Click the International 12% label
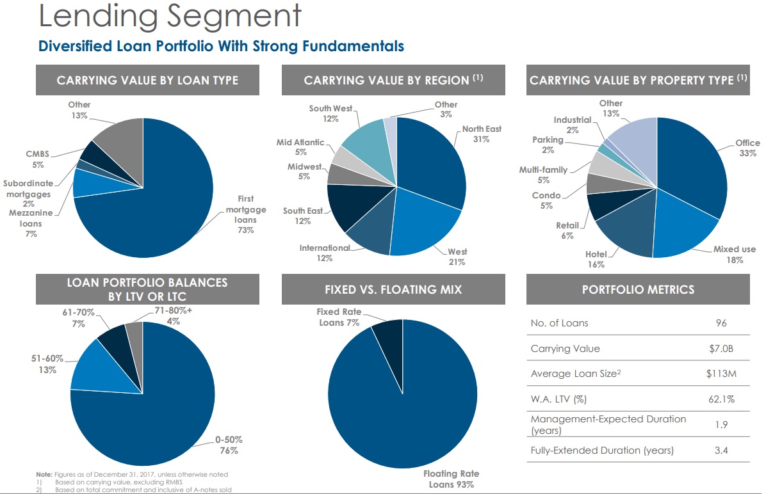pyautogui.click(x=325, y=253)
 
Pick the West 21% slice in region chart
pyautogui.click(x=423, y=224)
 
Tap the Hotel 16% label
pyautogui.click(x=595, y=260)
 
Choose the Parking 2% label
pyautogui.click(x=548, y=145)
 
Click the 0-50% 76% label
pyautogui.click(x=229, y=445)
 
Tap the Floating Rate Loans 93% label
pyautogui.click(x=451, y=479)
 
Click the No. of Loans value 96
pyautogui.click(x=721, y=323)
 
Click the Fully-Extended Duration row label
pyautogui.click(x=602, y=450)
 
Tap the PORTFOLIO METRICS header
pyautogui.click(x=638, y=290)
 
